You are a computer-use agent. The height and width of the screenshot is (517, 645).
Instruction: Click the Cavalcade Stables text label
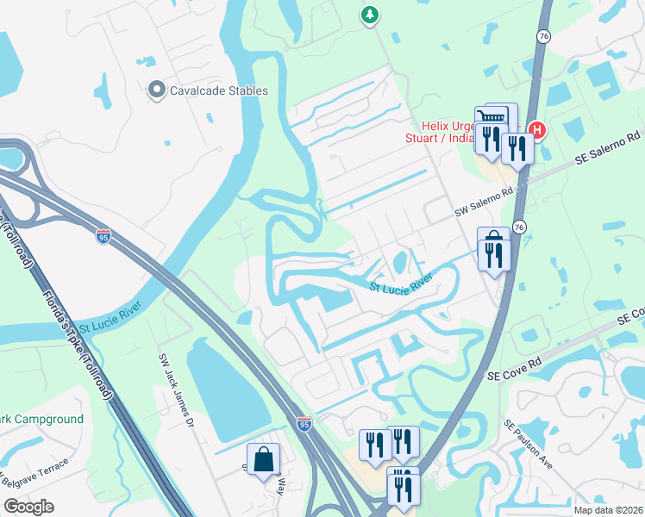tap(219, 90)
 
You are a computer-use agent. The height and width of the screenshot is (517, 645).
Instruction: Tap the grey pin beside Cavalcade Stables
tap(156, 90)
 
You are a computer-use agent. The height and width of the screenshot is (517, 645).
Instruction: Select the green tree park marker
tap(370, 15)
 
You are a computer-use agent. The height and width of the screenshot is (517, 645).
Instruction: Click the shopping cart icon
tap(491, 117)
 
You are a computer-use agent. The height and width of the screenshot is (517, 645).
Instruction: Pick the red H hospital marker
tap(537, 131)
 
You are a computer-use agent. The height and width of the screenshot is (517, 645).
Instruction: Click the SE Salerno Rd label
tap(609, 149)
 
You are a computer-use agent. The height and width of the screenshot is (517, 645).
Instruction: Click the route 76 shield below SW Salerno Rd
tap(518, 226)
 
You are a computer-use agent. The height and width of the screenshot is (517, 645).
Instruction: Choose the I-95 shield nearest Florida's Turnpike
tap(103, 235)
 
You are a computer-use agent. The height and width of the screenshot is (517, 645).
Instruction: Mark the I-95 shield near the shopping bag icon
tap(304, 423)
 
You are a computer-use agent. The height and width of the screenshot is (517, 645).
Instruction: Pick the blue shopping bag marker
tap(263, 458)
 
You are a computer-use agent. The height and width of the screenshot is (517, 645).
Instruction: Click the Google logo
tap(28, 507)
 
